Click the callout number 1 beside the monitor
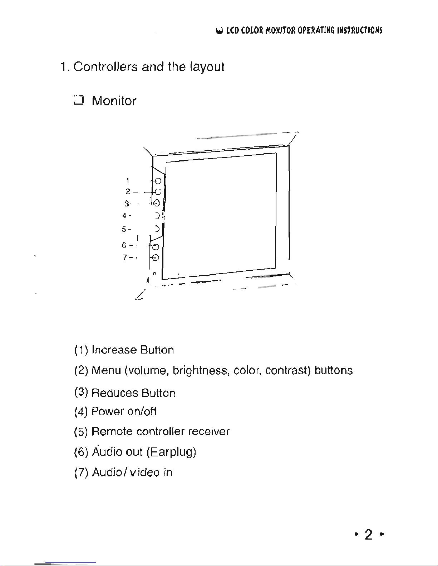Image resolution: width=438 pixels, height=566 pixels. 128,181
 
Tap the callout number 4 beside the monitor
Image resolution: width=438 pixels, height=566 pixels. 124,216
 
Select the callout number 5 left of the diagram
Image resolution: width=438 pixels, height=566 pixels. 124,229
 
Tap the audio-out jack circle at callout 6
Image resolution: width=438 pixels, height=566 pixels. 156,247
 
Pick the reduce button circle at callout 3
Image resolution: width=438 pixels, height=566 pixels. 157,203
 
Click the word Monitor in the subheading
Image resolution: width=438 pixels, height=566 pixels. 114,101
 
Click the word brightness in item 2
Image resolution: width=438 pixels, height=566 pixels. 200,371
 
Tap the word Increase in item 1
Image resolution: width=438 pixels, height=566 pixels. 114,350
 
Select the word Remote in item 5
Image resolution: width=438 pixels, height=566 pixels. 112,431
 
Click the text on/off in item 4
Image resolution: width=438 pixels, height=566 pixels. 142,412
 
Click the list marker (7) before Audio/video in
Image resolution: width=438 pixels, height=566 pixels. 81,473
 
